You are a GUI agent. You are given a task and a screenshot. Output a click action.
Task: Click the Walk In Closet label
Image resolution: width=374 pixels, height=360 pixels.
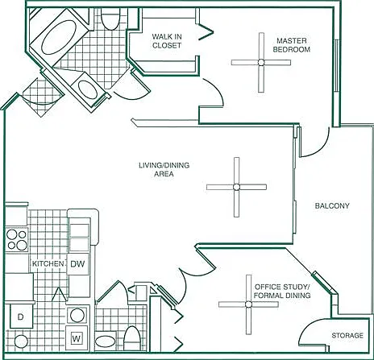pos(167,41)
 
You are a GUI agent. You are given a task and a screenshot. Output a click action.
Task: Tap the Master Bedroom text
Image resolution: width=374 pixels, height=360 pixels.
pos(292,45)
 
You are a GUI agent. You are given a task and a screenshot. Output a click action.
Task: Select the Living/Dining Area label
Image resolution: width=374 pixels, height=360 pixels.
pos(164,169)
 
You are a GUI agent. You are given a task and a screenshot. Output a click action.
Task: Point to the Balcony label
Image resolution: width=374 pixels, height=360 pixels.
pos(332,206)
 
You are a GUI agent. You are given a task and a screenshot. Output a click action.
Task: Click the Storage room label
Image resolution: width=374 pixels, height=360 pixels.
pos(347,335)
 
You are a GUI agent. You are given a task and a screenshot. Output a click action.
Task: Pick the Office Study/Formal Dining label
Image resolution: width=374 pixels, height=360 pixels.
pos(282,292)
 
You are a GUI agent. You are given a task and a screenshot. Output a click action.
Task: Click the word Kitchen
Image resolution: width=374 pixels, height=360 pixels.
pos(48,263)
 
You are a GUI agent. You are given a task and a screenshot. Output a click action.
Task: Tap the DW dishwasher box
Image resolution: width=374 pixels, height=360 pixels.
pos(77,263)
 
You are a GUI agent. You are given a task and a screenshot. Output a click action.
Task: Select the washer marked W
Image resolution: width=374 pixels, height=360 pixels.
pos(77,338)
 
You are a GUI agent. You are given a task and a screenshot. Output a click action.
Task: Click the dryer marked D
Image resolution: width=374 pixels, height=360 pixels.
pos(21,317)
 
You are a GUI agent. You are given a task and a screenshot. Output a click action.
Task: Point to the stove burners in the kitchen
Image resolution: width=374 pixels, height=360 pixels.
pos(17,240)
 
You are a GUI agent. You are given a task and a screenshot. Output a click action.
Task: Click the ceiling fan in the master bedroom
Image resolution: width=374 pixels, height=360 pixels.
pos(261,63)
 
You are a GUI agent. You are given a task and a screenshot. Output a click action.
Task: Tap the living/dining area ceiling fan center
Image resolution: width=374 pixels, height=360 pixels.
pos(236,187)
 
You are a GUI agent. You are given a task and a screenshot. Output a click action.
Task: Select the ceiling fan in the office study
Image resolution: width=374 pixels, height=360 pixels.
pos(248,304)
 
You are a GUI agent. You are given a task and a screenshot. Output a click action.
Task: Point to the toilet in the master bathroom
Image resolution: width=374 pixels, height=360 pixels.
pos(110,19)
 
